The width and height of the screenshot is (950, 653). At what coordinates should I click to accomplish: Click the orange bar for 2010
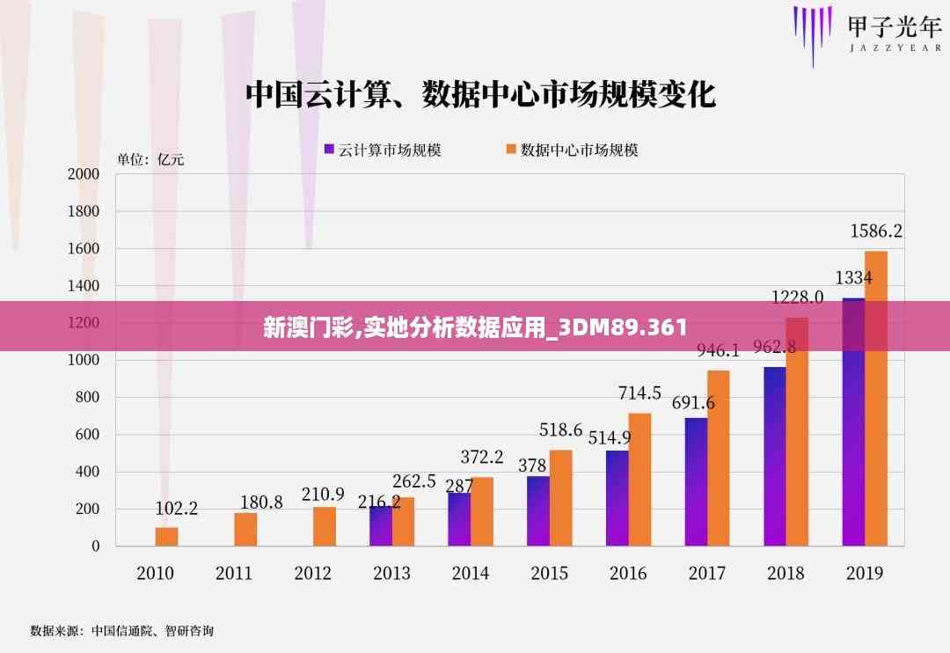pyautogui.click(x=166, y=536)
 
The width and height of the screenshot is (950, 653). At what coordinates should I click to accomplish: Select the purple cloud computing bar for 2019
pyautogui.click(x=853, y=422)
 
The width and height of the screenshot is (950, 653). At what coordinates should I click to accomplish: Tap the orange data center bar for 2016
pyautogui.click(x=639, y=480)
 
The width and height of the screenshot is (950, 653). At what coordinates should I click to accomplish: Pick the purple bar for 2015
pyautogui.click(x=537, y=510)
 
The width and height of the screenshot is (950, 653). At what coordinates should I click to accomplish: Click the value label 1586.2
pyautogui.click(x=875, y=231)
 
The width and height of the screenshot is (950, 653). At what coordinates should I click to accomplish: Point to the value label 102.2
pyautogui.click(x=176, y=508)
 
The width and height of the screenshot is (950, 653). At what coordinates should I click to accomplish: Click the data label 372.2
pyautogui.click(x=481, y=457)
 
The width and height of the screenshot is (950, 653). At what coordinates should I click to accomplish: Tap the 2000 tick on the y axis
pyautogui.click(x=84, y=174)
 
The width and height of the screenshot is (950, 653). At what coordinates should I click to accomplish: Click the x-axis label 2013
pyautogui.click(x=391, y=573)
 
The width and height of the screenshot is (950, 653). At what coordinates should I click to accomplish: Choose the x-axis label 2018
pyautogui.click(x=786, y=573)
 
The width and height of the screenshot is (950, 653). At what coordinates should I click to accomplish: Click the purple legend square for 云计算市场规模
pyautogui.click(x=330, y=150)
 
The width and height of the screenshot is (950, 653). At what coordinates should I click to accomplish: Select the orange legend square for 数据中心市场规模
pyautogui.click(x=510, y=150)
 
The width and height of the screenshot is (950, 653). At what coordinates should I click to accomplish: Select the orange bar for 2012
pyautogui.click(x=324, y=526)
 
